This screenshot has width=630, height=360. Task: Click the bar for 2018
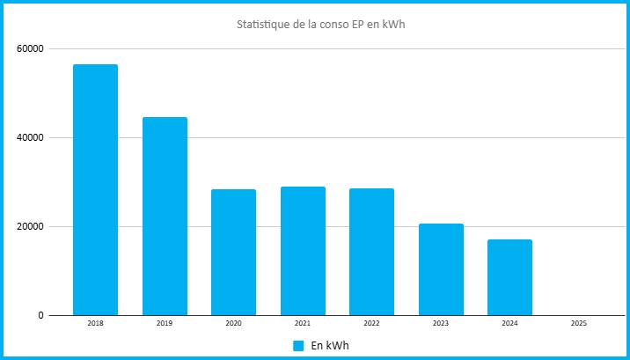tap(95, 189)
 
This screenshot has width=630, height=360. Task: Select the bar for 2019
tap(165, 217)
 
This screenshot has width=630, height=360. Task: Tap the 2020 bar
tap(233, 253)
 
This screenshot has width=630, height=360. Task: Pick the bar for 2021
tap(303, 251)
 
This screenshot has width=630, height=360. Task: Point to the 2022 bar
tap(371, 252)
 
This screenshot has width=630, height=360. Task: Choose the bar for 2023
tap(441, 269)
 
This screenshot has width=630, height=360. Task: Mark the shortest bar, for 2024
tap(509, 277)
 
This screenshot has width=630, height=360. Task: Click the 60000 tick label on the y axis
tap(30, 49)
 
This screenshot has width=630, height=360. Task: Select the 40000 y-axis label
tap(30, 138)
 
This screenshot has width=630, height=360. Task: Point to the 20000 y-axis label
tap(30, 226)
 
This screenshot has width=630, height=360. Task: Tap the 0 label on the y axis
tap(40, 316)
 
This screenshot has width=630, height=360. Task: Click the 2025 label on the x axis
tap(579, 323)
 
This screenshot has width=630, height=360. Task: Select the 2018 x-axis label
tap(95, 323)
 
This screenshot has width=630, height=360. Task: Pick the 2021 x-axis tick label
tap(303, 323)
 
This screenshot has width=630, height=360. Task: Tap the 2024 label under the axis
tap(509, 323)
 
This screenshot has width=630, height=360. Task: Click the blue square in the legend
tap(298, 346)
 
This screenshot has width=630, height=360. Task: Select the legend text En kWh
tap(330, 346)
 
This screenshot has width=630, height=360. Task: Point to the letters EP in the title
tap(360, 25)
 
